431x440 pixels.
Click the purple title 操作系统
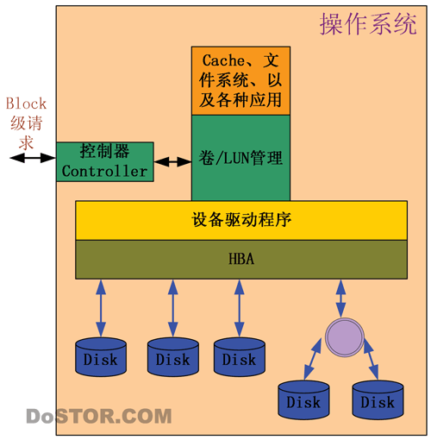click(368, 24)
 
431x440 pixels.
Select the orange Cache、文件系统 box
click(240, 81)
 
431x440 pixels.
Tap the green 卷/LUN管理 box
click(240, 158)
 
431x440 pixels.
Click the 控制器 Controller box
click(105, 161)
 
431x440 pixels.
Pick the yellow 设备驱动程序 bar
click(241, 220)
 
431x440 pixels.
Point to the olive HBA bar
click(241, 260)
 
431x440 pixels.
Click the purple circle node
click(345, 337)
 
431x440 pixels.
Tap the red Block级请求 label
click(26, 123)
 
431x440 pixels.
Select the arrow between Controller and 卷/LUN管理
click(172, 161)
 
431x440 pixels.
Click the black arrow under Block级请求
click(33, 158)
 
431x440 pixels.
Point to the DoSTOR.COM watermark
click(99, 416)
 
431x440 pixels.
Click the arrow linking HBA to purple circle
click(340, 299)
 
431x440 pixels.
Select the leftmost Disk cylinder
click(101, 357)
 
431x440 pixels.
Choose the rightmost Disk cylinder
click(378, 399)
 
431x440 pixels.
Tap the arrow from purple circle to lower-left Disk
click(312, 359)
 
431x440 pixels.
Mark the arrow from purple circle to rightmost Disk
click(371, 360)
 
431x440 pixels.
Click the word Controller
click(104, 171)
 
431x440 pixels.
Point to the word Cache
click(223, 60)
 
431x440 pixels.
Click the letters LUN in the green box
click(236, 158)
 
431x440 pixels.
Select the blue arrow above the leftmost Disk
click(101, 308)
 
